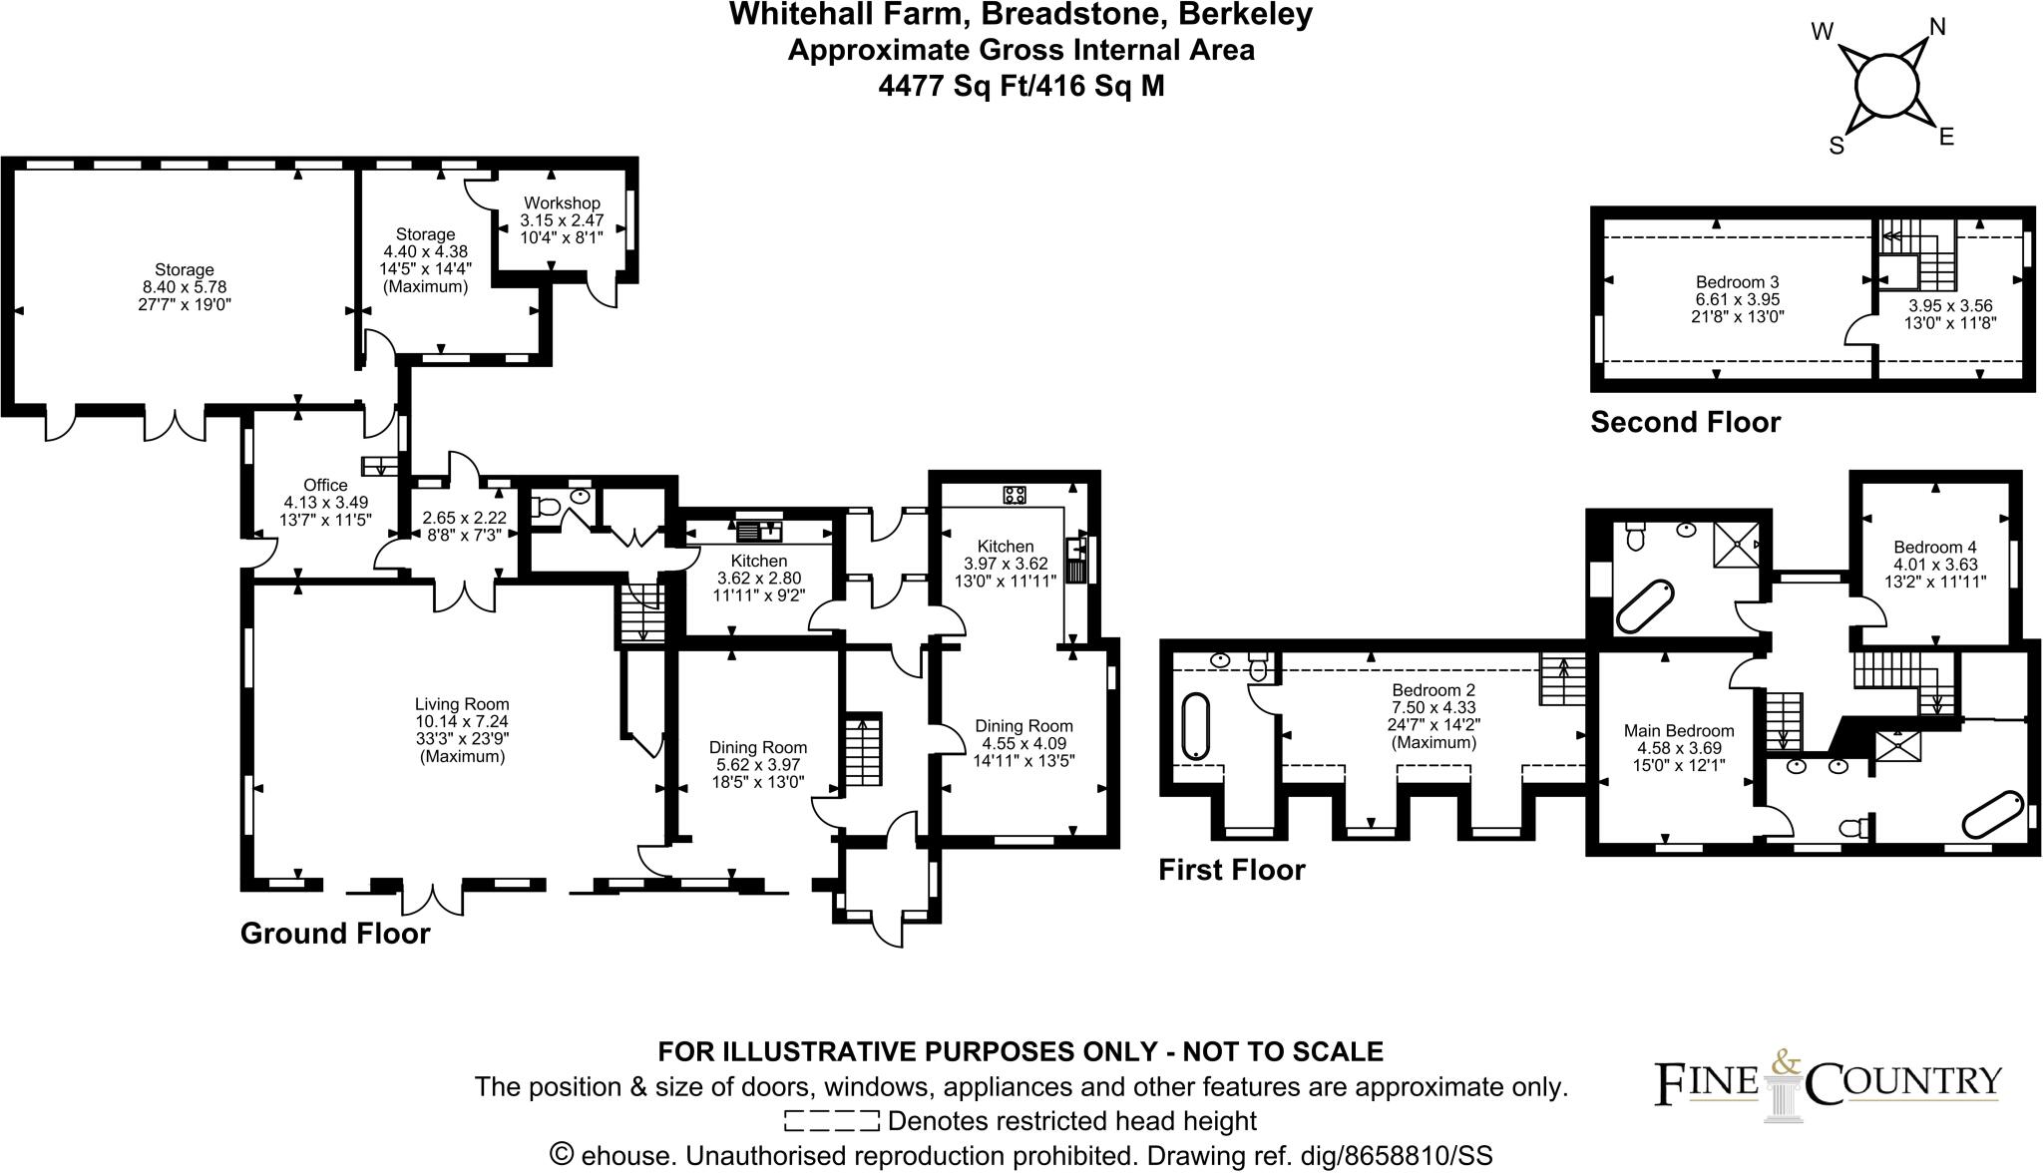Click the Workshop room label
562,203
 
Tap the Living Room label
462,704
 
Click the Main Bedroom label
1679,730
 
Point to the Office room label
325,486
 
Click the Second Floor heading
1685,423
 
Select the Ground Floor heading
335,934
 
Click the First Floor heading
1231,870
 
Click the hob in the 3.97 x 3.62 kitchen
1015,494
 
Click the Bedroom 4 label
1934,547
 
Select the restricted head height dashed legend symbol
832,1121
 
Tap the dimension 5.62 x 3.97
757,765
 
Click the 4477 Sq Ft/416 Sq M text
1021,87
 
